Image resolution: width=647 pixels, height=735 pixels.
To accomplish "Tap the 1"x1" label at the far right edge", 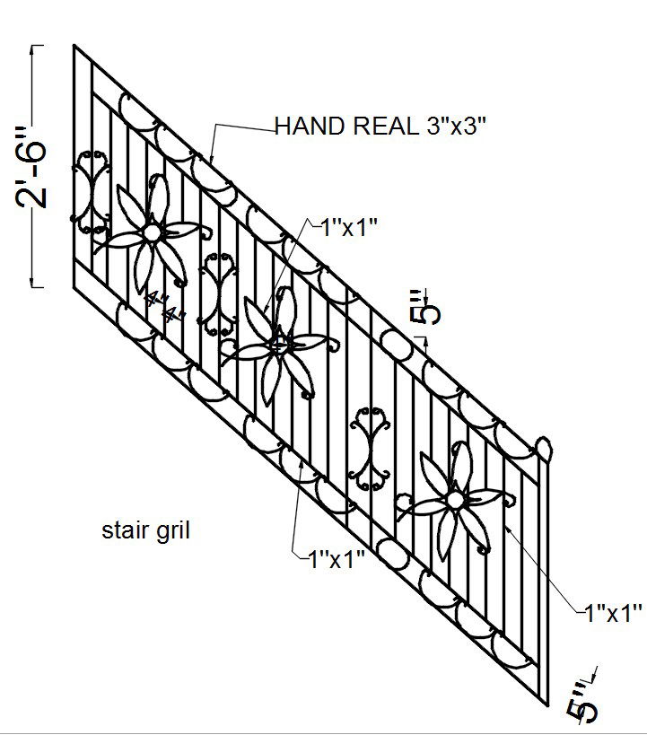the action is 613,614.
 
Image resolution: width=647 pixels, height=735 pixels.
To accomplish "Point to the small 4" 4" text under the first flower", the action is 162,308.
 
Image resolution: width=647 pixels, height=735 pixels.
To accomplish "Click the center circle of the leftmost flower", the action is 152,232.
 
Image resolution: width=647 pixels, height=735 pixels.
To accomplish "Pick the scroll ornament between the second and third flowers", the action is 369,449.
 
